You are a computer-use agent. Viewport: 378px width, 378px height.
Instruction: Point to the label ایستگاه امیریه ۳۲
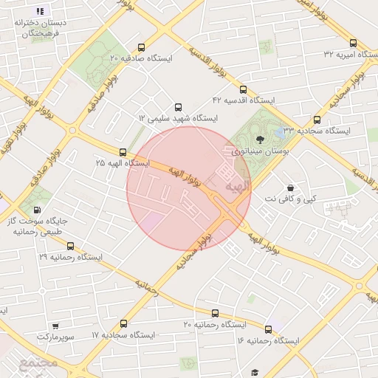coord(351,55)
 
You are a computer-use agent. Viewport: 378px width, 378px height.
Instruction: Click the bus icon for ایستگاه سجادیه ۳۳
coord(317,119)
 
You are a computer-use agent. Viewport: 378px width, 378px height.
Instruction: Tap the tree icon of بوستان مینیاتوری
coord(259,138)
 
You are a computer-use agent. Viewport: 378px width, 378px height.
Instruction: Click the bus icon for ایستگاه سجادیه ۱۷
coord(123,323)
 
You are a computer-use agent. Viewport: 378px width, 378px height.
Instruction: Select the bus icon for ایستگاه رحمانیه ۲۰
coord(215,313)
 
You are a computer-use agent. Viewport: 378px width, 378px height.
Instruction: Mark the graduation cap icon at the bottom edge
coord(255,374)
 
